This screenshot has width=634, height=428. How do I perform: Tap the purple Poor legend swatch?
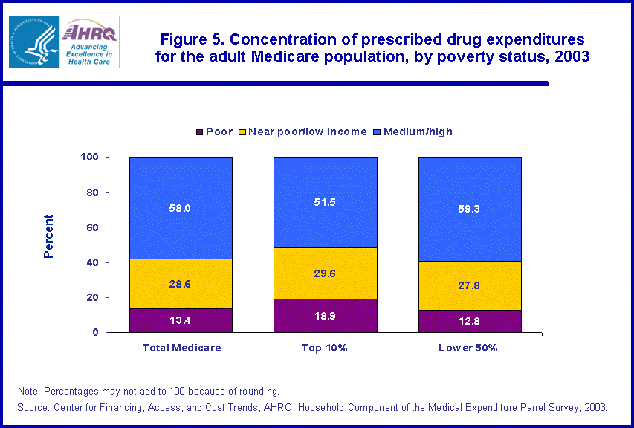click(x=198, y=132)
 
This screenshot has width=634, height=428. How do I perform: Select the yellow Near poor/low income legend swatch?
click(x=242, y=132)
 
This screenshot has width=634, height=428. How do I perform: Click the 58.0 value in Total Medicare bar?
click(x=181, y=209)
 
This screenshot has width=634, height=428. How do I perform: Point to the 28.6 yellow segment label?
click(x=181, y=285)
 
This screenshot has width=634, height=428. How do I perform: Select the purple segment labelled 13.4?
click(x=181, y=320)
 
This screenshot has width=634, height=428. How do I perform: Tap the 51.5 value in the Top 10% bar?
click(x=325, y=202)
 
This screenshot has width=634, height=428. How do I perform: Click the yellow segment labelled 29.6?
click(x=325, y=273)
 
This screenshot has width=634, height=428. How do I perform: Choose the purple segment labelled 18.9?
click(x=325, y=316)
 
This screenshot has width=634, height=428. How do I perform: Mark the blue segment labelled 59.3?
click(x=470, y=210)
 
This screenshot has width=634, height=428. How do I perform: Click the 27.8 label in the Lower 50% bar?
click(x=470, y=285)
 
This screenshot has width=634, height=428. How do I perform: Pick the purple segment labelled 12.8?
click(x=470, y=321)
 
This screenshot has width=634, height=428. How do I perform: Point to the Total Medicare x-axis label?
click(x=181, y=348)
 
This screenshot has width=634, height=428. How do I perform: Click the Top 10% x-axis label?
click(x=325, y=348)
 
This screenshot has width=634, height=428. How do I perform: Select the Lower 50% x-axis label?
click(x=470, y=348)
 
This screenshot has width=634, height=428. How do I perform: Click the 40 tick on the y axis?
click(x=93, y=262)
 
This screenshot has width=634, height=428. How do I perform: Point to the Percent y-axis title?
click(x=49, y=236)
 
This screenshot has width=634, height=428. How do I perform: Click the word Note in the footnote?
click(x=30, y=391)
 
